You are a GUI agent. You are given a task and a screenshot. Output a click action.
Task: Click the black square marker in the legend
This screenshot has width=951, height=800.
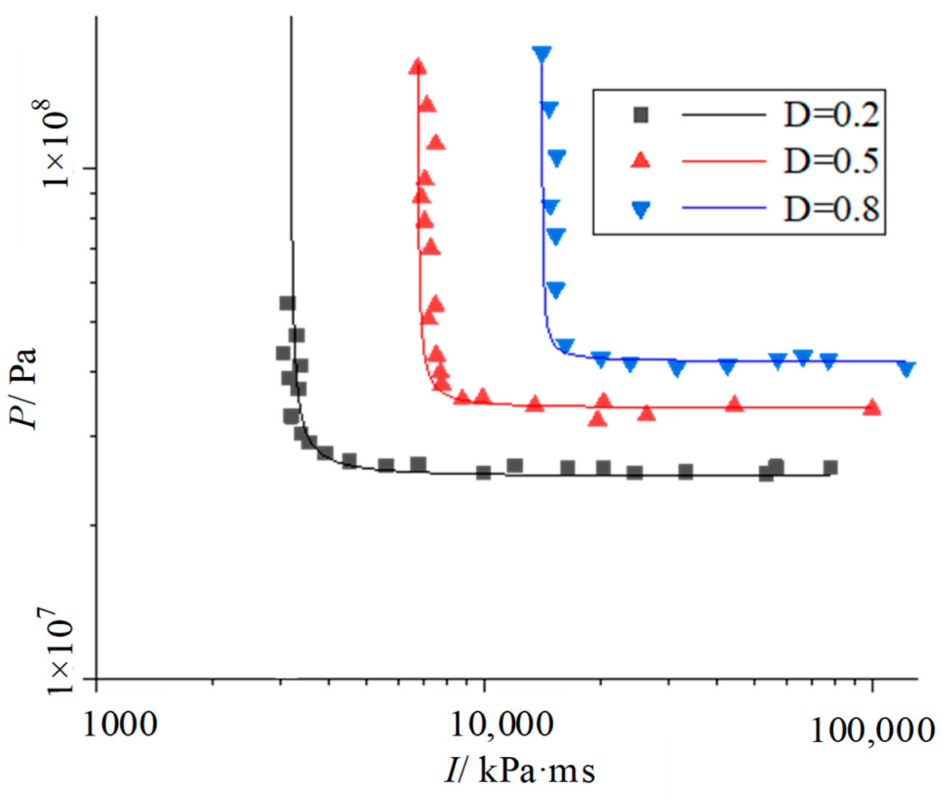(x=639, y=116)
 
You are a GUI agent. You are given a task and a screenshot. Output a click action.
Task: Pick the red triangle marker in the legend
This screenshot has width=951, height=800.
(x=639, y=162)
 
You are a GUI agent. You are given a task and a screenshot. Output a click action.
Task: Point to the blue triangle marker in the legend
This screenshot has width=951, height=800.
(x=639, y=209)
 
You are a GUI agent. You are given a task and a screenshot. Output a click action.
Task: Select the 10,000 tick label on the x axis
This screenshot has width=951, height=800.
(x=507, y=725)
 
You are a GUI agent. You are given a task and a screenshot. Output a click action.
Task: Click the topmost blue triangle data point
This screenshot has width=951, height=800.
(x=542, y=54)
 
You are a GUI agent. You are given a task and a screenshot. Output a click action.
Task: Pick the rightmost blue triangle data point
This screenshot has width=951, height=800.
(x=906, y=368)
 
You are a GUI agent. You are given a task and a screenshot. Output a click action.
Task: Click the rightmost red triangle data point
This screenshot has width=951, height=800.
(x=872, y=408)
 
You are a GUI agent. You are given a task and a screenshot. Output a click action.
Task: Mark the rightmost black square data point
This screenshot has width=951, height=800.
(x=830, y=468)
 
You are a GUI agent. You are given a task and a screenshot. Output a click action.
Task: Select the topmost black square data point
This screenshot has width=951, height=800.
(x=287, y=303)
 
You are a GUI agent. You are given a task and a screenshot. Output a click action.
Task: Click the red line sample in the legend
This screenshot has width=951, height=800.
(x=722, y=162)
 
